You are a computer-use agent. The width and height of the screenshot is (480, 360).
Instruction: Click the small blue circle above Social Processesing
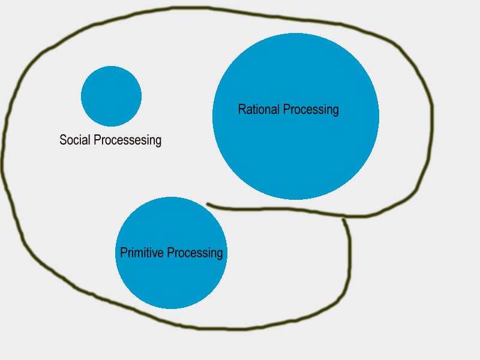point(111,96)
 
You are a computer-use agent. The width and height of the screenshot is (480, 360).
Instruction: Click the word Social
point(75,140)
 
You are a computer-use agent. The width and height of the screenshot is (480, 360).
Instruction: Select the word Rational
point(259,110)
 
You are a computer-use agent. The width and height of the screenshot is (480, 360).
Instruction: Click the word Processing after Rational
point(311,110)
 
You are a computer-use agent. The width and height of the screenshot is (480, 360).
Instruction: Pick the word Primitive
point(142,253)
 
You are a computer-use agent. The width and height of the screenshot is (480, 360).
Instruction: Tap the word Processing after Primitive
point(194,253)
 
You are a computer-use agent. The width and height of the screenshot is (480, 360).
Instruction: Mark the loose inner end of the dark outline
point(208,205)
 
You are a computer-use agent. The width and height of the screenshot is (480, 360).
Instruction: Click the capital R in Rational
point(242,110)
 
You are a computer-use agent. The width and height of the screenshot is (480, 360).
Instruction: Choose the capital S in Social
point(63,140)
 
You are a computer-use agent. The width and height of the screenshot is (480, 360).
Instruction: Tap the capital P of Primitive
point(124,253)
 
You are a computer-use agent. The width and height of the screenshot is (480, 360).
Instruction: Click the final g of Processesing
point(158,142)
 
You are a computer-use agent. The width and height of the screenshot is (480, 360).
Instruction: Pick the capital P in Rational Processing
point(286,110)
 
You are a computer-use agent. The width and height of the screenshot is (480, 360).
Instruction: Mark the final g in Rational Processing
point(335,112)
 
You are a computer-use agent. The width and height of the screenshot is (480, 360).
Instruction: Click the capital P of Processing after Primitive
point(169,253)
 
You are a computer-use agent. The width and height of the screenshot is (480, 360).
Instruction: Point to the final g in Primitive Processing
point(219,254)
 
